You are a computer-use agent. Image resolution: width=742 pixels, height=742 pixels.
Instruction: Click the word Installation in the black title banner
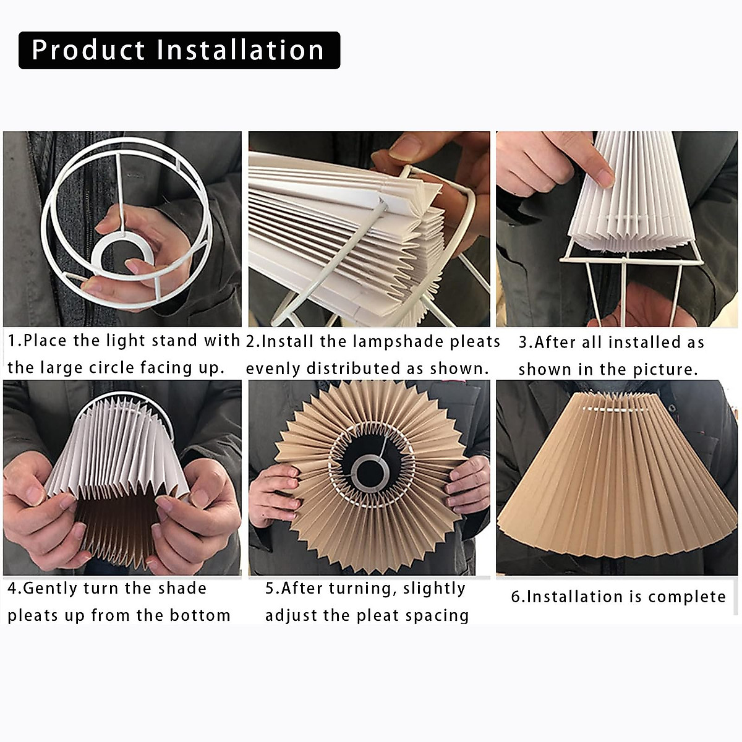tap(241, 50)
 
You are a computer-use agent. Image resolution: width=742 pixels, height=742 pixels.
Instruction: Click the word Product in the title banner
tap(88, 50)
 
